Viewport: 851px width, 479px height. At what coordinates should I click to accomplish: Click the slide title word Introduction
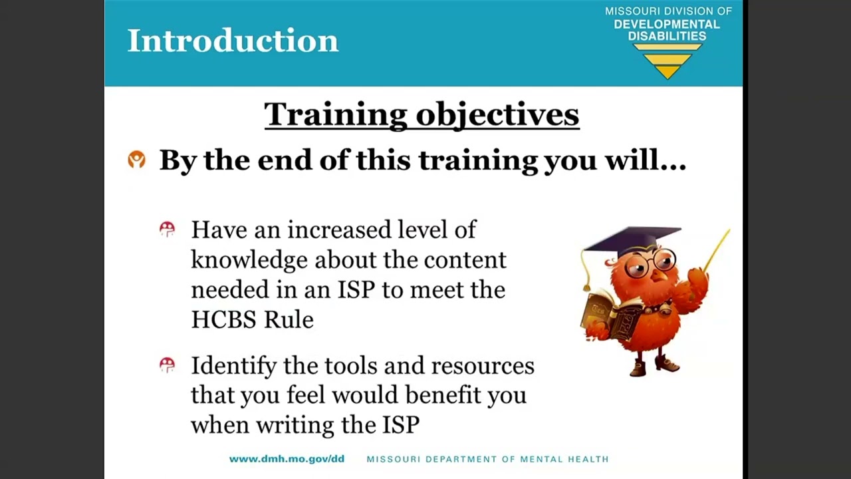pos(233,41)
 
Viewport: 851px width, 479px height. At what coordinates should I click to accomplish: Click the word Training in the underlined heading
pos(336,114)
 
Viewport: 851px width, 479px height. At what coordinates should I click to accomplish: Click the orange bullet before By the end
pos(137,160)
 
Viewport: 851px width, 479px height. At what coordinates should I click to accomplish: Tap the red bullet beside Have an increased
pos(167,230)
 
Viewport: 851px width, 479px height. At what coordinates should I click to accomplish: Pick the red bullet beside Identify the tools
pos(167,365)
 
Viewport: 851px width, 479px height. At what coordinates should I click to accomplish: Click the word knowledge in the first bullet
pos(249,260)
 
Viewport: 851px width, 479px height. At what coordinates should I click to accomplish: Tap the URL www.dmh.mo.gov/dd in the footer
pos(287,459)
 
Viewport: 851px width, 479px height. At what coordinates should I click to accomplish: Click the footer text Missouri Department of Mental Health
pos(487,459)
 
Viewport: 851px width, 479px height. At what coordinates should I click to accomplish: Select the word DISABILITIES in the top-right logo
pos(667,36)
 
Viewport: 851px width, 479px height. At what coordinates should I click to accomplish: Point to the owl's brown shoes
pos(655,366)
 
